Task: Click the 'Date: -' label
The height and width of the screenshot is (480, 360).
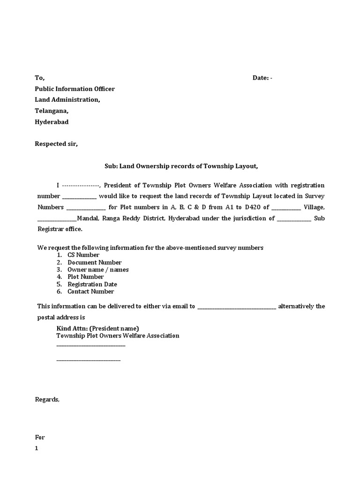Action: coord(262,78)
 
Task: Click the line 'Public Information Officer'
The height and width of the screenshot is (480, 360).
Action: coord(75,89)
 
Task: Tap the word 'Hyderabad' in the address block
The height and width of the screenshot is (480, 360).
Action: coord(52,122)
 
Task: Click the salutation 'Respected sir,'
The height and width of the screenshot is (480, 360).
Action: coord(56,144)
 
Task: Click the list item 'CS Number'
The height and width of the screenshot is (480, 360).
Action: coord(83,255)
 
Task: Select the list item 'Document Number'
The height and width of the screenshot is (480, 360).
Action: coord(94,262)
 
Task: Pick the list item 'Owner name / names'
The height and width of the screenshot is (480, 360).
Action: coord(98,270)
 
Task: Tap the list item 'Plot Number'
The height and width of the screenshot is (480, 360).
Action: coord(86,277)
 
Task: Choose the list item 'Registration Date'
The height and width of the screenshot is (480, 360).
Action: coord(92,284)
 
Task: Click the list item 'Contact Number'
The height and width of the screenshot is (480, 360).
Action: coord(90,291)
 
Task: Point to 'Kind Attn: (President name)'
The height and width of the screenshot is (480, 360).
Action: coord(97,328)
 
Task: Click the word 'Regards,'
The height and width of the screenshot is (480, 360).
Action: coord(47,399)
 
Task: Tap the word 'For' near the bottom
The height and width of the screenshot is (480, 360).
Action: coord(40,437)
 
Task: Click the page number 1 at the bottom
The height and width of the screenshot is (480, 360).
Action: coord(37,448)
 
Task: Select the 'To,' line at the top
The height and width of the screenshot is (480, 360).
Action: coord(40,78)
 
